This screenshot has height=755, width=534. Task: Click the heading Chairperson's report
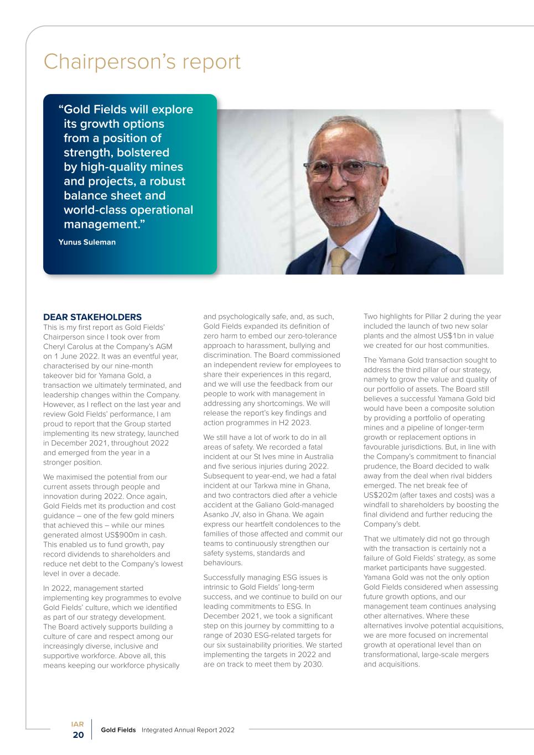142,62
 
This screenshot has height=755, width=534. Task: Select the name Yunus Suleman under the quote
87,242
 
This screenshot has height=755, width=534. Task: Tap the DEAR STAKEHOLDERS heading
92,317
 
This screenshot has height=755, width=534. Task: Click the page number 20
78,735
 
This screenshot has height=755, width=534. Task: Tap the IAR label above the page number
77,723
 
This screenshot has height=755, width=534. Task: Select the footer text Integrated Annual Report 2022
188,730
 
